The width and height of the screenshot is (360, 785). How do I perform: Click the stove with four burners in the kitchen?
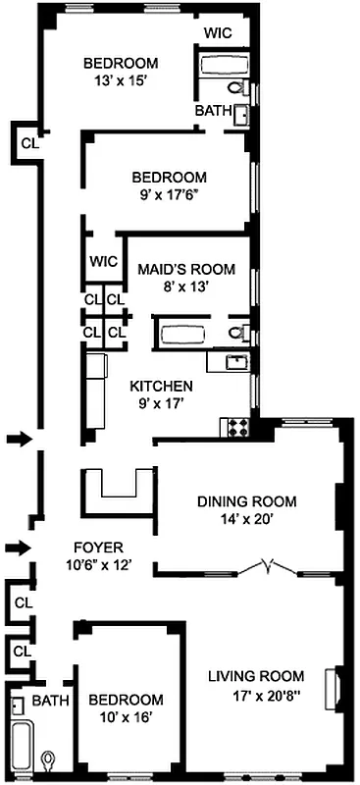(x=236, y=427)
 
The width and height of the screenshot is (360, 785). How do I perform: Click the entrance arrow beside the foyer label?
(x=18, y=547)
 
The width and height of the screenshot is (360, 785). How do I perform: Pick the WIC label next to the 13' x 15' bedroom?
(x=218, y=32)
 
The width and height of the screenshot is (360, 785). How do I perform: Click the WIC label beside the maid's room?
(x=102, y=261)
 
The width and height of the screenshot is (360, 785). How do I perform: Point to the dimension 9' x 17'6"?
(x=170, y=195)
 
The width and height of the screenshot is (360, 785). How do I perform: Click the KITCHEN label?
(x=162, y=386)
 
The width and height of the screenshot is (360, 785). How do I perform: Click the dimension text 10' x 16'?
(x=126, y=717)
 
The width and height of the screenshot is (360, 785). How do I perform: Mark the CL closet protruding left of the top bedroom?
(x=28, y=142)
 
